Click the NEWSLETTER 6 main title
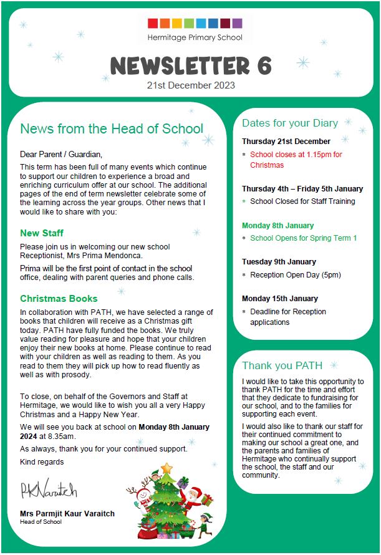coord(191,65)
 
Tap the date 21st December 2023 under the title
coord(191,85)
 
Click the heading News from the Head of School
coord(112,129)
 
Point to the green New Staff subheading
coord(42,233)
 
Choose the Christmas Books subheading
coord(59,299)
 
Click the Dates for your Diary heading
coord(290,123)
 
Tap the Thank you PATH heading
coord(282,365)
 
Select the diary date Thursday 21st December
coord(286,142)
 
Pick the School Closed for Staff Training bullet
coord(302,201)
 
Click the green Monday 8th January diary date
coord(278,225)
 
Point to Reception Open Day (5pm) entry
coord(296,274)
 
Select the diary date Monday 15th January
coord(280,298)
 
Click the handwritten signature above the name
coord(48,490)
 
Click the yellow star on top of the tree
coord(166,468)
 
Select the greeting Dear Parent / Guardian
coord(60,154)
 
